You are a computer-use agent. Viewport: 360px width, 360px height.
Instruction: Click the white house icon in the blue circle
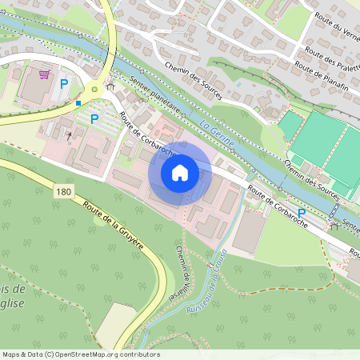(x=179, y=173)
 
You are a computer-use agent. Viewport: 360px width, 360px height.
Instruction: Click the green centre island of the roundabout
(x=99, y=90)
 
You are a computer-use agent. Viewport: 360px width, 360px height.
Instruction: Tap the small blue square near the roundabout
(x=78, y=103)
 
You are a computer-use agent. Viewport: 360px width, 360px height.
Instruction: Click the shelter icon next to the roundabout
(x=111, y=83)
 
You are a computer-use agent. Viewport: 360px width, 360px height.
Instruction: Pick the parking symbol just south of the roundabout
(x=94, y=119)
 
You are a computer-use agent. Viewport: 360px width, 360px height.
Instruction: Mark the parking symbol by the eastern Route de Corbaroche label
(x=302, y=213)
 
